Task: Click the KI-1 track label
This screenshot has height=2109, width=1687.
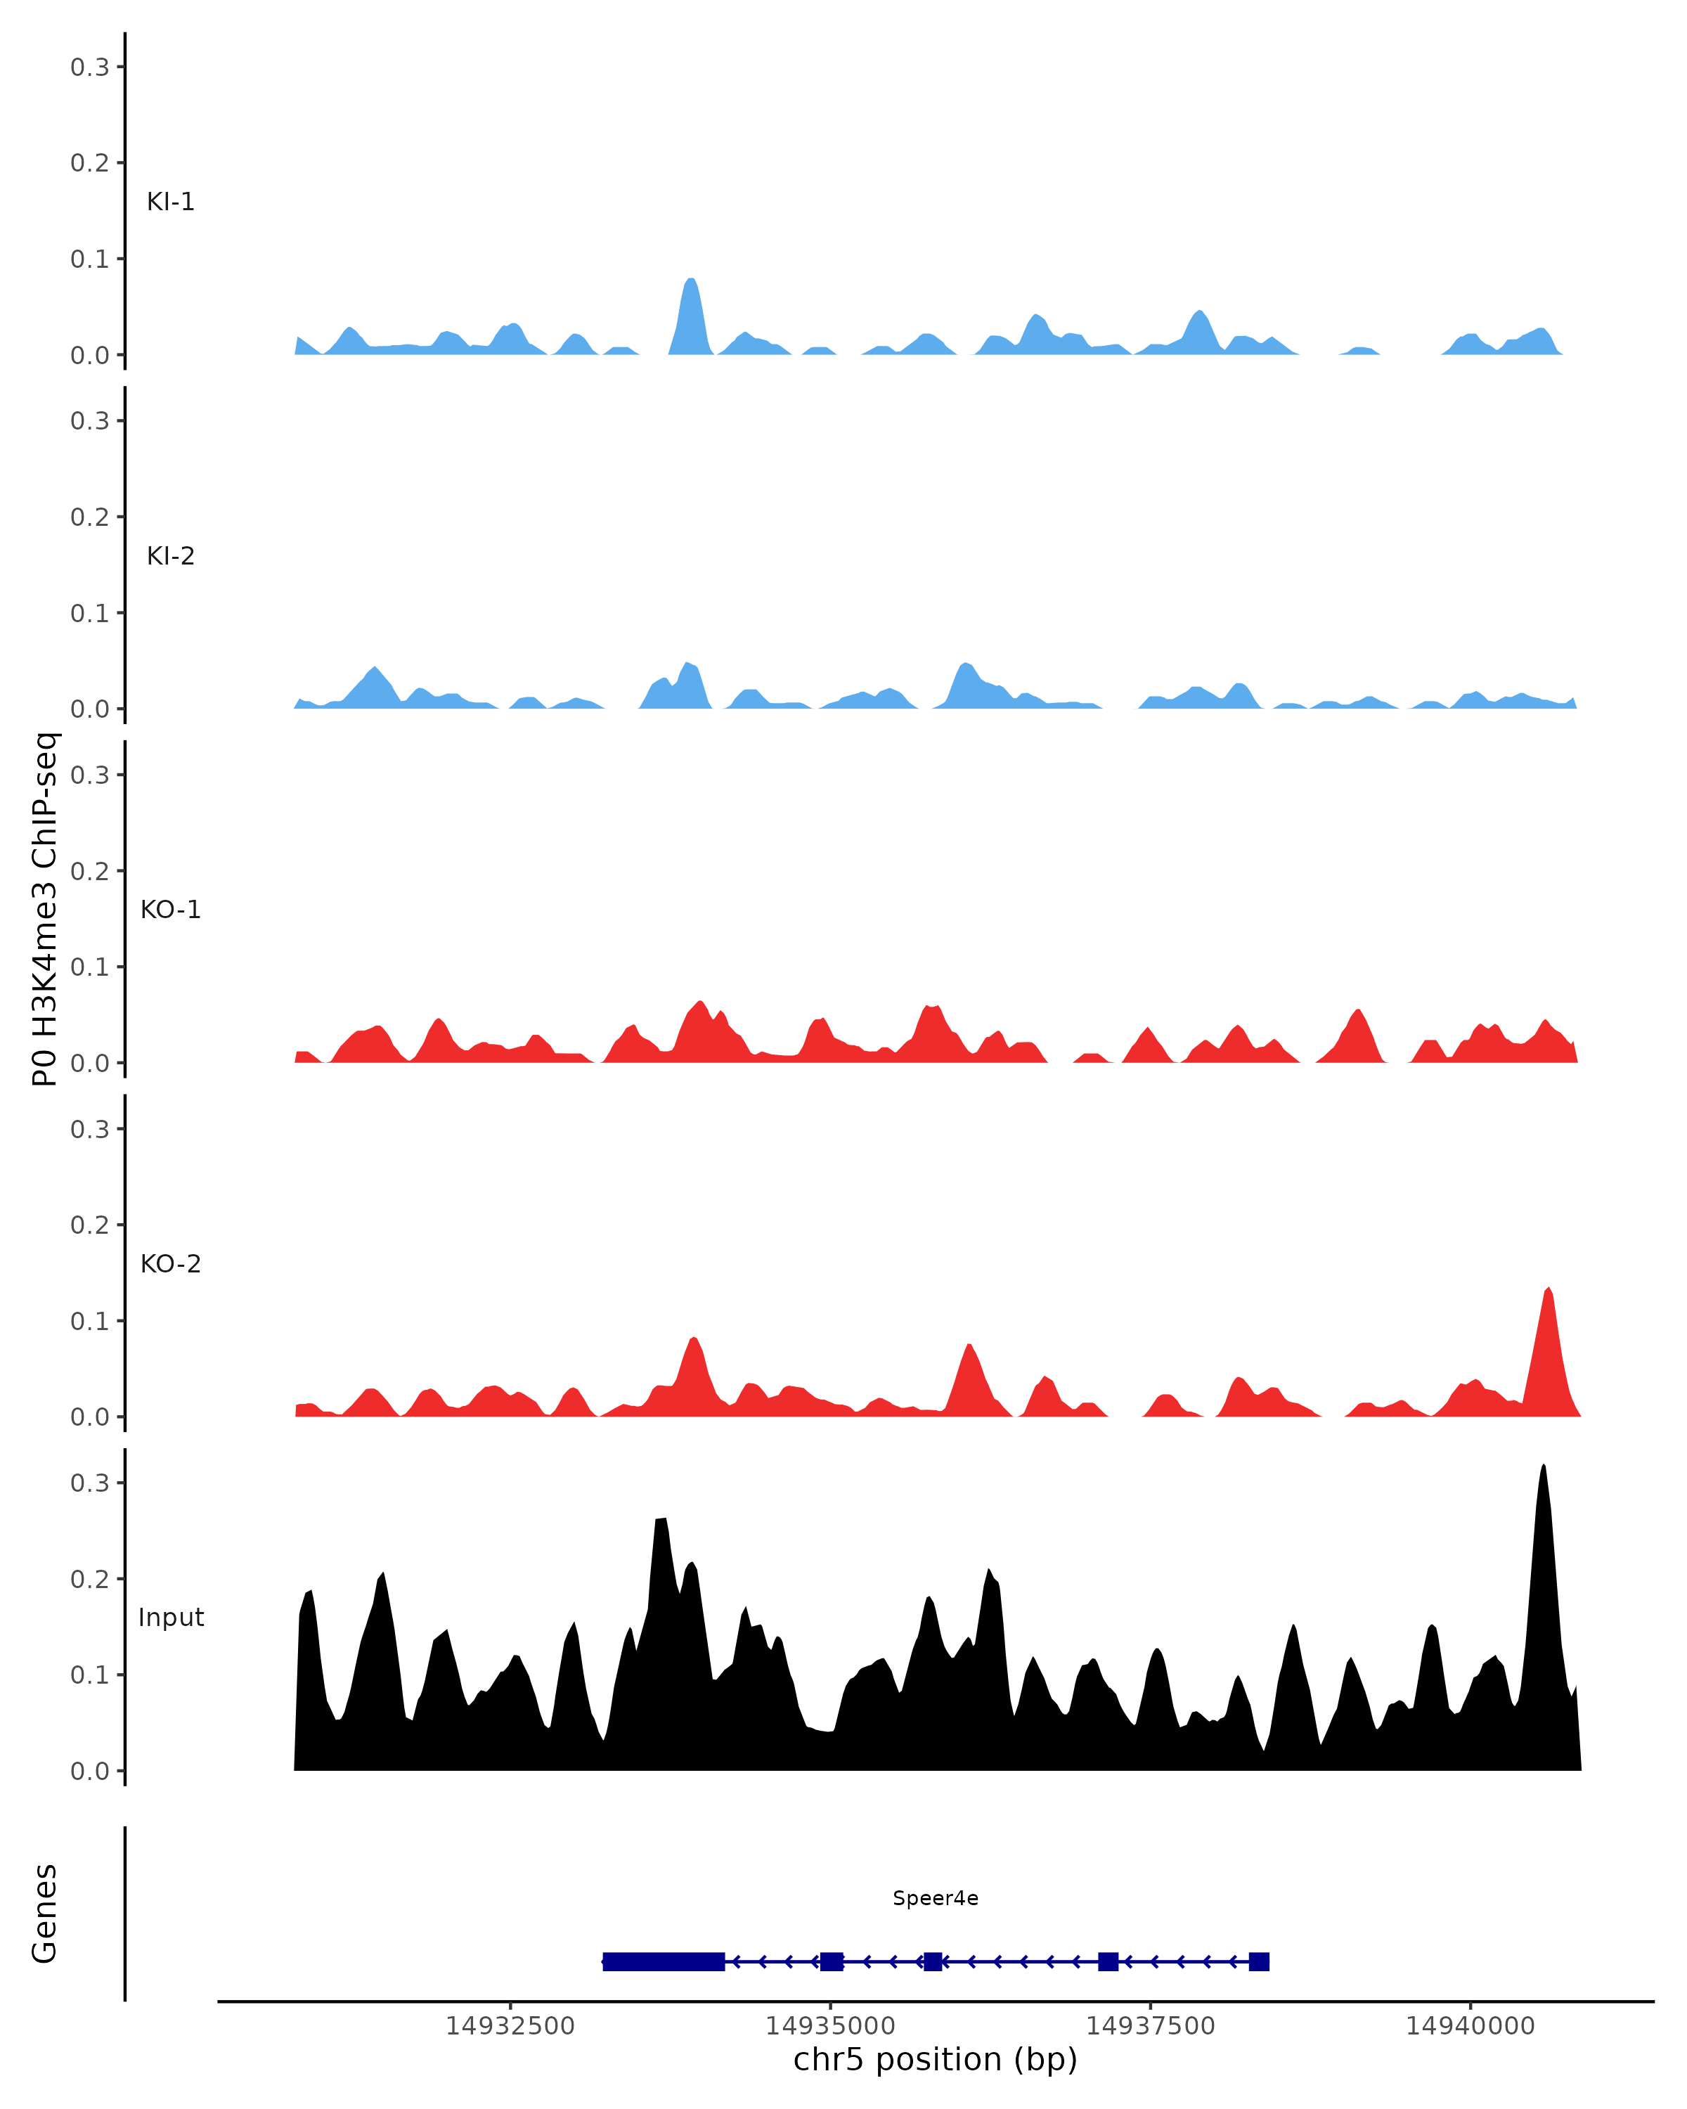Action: [x=170, y=202]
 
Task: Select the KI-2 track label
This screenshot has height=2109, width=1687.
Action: [x=170, y=557]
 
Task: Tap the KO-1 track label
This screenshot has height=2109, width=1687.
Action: [x=170, y=910]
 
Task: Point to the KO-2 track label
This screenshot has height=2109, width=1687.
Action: [x=170, y=1264]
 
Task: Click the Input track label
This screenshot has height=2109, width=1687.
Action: [x=171, y=1617]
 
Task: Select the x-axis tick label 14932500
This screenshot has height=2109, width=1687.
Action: [x=510, y=2026]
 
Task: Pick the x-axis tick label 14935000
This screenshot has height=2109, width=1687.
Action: [x=829, y=2026]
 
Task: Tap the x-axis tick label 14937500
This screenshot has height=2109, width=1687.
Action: [x=1149, y=2026]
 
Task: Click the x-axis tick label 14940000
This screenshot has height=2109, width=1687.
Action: [x=1469, y=2026]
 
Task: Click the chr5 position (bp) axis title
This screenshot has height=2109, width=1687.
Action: [x=935, y=2060]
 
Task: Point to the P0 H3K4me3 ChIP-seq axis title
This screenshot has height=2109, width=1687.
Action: [x=45, y=909]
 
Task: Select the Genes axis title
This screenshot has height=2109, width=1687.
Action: [x=45, y=1914]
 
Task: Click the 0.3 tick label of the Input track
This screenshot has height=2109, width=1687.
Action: [x=90, y=1483]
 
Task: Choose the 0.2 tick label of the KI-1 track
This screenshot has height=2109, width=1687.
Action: [x=90, y=162]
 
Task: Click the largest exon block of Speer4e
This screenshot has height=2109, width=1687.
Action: [x=664, y=1961]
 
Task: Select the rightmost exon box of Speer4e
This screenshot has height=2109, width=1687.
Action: [x=1259, y=1961]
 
